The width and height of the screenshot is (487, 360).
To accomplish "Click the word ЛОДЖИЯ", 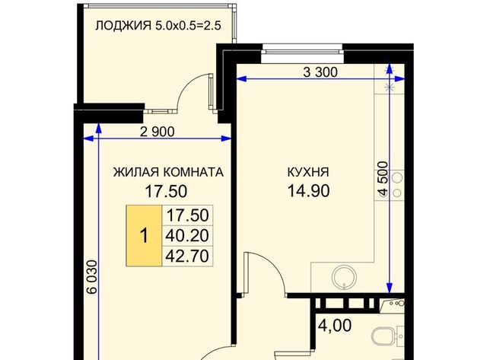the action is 123,25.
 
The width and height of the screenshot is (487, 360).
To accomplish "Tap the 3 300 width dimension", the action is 320,72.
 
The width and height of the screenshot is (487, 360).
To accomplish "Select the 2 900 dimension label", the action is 158,132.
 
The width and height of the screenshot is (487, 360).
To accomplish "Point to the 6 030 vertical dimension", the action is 92,277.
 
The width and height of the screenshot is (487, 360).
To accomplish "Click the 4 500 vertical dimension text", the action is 384,179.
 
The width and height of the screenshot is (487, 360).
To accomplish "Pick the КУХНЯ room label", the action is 308,172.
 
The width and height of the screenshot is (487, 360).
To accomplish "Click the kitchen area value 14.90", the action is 308,191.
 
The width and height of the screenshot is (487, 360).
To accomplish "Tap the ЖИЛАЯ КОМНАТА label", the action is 168,172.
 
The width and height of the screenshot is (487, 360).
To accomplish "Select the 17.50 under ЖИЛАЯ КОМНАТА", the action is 166,191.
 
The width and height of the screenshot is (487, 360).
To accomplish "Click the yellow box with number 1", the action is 144,236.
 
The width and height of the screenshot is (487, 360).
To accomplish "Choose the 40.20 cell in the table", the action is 187,236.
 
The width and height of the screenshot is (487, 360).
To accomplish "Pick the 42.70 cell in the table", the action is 187,256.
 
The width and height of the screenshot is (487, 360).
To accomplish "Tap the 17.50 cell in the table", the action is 187,215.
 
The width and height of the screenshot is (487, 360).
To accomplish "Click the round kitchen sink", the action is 344,277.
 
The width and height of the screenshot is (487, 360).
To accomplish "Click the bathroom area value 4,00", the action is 336,326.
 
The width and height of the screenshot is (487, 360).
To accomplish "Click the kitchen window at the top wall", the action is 302,49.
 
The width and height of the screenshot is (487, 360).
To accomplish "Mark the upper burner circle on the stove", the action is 397,178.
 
